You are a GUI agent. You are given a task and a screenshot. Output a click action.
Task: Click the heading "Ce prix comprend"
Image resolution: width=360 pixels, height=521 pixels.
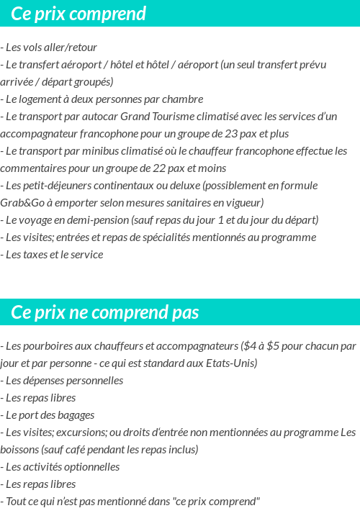point(78,14)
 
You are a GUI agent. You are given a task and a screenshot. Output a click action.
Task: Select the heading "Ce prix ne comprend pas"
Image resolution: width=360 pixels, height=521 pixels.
point(105,313)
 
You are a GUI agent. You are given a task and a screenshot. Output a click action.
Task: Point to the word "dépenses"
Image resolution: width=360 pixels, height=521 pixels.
point(41,381)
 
